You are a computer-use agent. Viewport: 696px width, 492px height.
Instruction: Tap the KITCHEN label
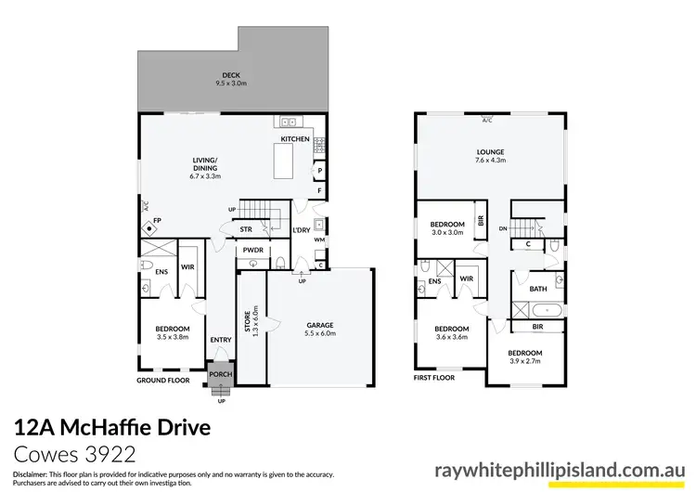coord(295,139)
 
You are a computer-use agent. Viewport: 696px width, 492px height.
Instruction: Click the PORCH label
coord(220,375)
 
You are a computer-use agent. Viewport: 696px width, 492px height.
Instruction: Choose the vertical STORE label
coord(249,321)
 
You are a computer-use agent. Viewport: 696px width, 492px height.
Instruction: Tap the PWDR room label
coord(251,251)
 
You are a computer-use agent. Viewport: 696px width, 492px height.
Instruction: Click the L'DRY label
coord(301,229)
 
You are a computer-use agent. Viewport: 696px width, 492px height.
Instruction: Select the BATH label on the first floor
coord(537,290)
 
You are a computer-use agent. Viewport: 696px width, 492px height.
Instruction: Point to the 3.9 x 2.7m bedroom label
coord(524,358)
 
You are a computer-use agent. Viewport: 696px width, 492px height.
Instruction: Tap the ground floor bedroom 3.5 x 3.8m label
coord(173,333)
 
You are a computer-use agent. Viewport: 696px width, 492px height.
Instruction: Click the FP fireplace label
coord(157,220)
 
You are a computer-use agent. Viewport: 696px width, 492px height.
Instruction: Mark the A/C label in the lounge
coord(487,120)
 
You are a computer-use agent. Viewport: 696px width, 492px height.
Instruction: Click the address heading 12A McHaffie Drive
coord(113,428)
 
